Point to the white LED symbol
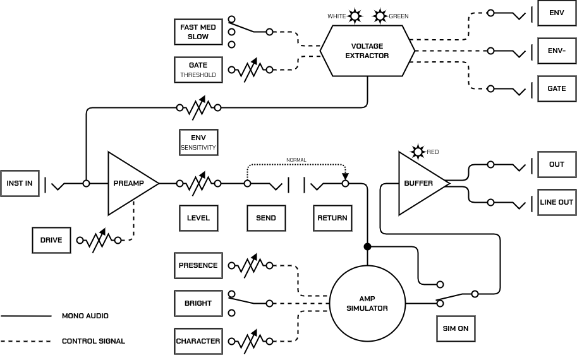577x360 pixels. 355,16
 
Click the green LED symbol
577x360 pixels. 380,16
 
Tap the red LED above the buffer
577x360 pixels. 418,152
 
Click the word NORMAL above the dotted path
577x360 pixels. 296,160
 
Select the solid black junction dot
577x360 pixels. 367,246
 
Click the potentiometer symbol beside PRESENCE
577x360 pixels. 251,265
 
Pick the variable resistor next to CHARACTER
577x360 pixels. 251,341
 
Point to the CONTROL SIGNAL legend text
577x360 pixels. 94,341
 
